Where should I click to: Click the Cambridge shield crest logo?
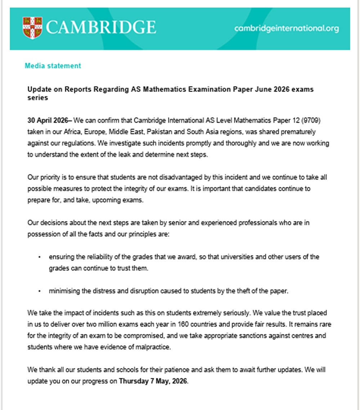point(32,28)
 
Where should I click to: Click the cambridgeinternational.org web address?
point(286,28)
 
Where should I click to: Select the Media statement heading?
point(53,66)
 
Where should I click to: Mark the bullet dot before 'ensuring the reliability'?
point(40,257)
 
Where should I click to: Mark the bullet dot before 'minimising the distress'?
point(40,292)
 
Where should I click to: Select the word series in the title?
point(38,98)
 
